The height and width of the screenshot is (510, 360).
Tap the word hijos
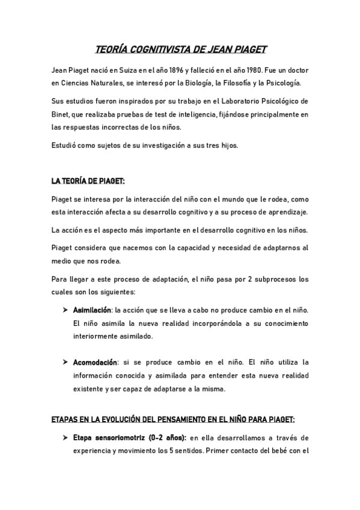[x=230, y=145]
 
